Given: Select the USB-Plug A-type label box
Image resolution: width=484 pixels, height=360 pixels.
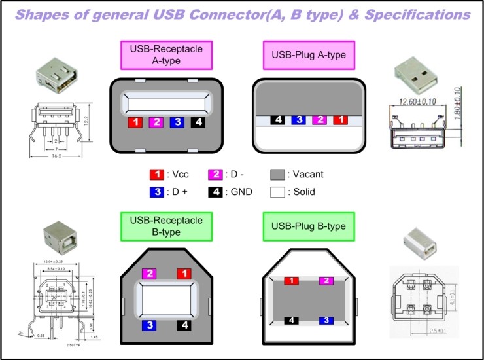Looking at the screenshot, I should (309, 55).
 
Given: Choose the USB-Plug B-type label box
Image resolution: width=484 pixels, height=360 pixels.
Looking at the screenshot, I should (309, 226).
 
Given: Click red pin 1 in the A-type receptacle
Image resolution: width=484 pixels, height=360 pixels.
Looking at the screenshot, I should (135, 122).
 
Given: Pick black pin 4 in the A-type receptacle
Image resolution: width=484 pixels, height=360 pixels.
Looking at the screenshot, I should (197, 122).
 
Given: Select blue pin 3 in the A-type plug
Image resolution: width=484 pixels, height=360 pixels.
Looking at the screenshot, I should (298, 120).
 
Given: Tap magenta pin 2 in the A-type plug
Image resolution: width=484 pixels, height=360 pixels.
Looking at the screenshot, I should (320, 120).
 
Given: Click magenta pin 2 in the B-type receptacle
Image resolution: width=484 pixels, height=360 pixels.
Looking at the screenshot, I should (149, 273).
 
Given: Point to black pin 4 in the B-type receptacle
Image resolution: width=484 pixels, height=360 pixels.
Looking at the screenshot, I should (186, 324).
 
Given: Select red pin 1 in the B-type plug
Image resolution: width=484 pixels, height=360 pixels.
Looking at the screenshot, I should (290, 281).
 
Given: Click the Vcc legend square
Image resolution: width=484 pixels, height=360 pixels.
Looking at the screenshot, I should (156, 175).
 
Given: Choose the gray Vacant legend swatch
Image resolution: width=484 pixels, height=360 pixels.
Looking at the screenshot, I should (277, 175).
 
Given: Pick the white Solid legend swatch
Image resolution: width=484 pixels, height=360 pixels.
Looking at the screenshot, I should (277, 192).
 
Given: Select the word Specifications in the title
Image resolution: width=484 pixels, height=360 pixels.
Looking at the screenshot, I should (412, 13).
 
